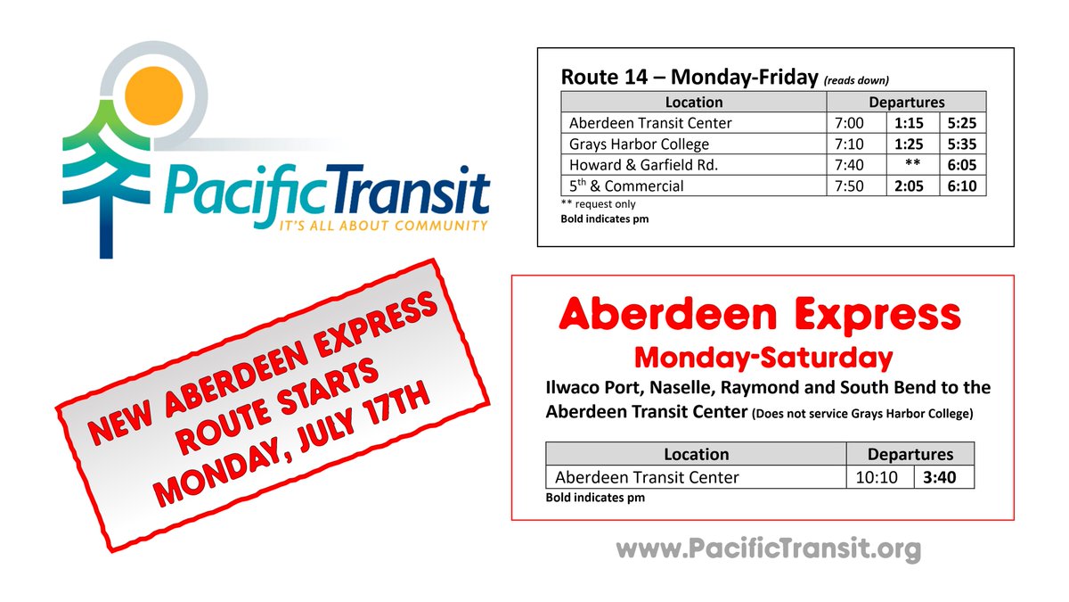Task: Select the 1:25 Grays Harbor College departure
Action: tap(910, 144)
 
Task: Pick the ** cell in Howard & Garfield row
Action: tap(911, 165)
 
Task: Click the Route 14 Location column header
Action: tap(694, 102)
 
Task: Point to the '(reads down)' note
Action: tap(856, 79)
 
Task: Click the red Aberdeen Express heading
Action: tap(760, 315)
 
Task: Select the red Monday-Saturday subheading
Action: tap(763, 358)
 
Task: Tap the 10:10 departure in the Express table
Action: tap(878, 477)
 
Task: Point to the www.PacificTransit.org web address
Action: tap(767, 548)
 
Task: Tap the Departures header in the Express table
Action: tap(910, 454)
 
